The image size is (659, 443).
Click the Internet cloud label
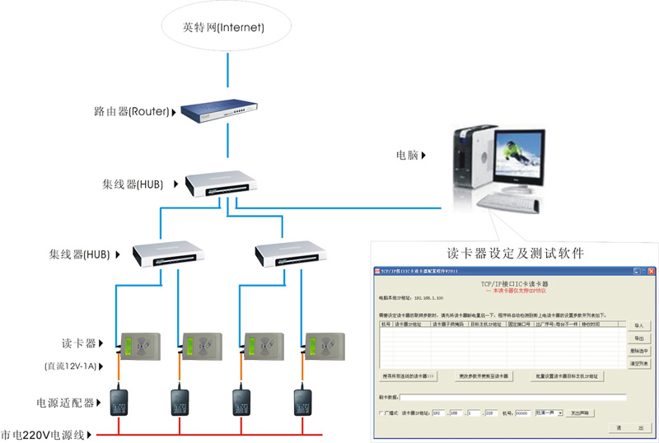click(x=223, y=28)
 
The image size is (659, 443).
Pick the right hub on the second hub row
click(x=287, y=254)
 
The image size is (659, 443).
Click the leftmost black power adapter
click(x=119, y=402)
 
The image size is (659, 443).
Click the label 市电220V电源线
click(x=44, y=434)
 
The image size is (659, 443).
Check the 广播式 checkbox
click(x=381, y=413)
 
